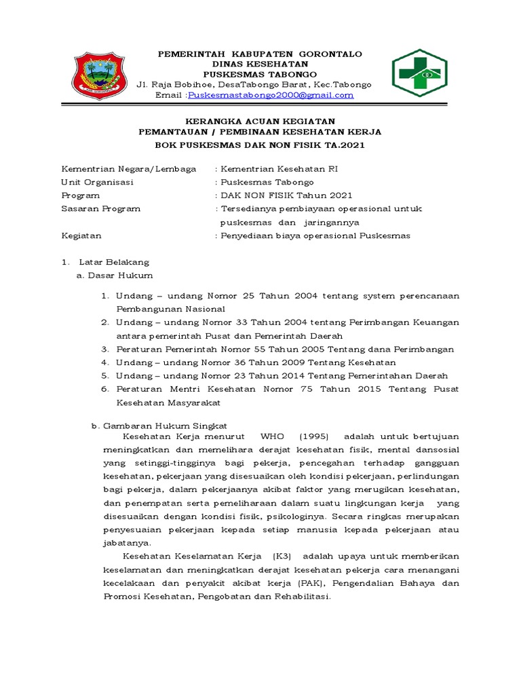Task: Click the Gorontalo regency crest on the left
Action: pyautogui.click(x=99, y=75)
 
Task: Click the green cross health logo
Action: pyautogui.click(x=419, y=74)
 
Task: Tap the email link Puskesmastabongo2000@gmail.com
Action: pyautogui.click(x=271, y=95)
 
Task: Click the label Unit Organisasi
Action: pyautogui.click(x=98, y=183)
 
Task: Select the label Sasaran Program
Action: pyautogui.click(x=101, y=209)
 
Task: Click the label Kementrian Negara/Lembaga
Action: pyautogui.click(x=129, y=169)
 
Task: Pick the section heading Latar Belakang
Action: pyautogui.click(x=114, y=262)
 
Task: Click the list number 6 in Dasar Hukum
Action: pyautogui.click(x=105, y=389)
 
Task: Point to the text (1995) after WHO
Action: pyautogui.click(x=314, y=436)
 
